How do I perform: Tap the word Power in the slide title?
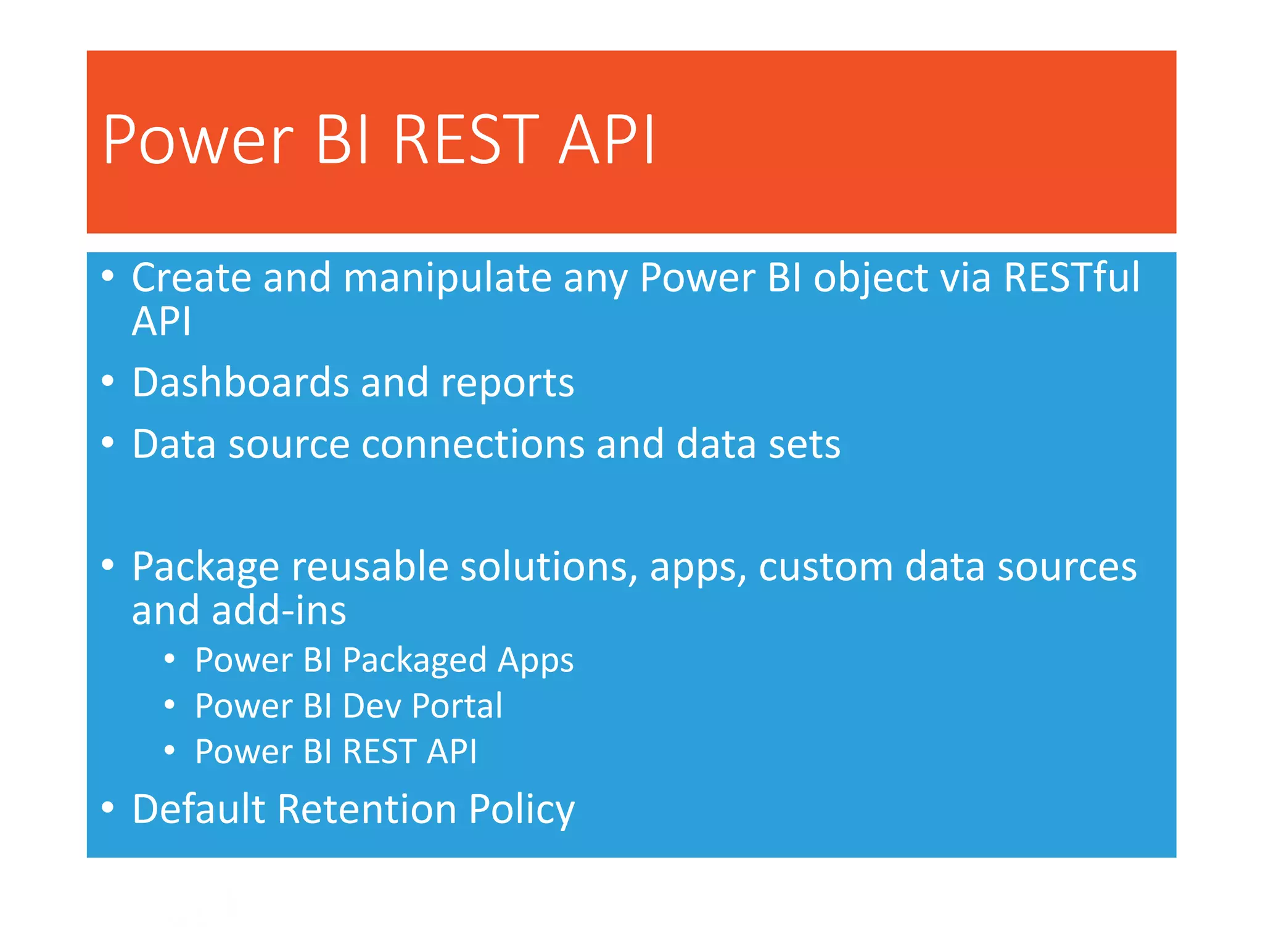pyautogui.click(x=198, y=141)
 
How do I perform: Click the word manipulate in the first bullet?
pyautogui.click(x=447, y=277)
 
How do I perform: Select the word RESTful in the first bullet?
pyautogui.click(x=1072, y=277)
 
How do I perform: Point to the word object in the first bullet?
pyautogui.click(x=871, y=279)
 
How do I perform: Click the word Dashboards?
pyautogui.click(x=241, y=382)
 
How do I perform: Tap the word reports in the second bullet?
pyautogui.click(x=507, y=383)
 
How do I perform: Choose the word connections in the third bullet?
pyautogui.click(x=472, y=444)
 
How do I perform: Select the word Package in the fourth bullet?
pyautogui.click(x=205, y=567)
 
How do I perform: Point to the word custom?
pyautogui.click(x=825, y=567)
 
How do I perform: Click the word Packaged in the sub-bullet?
pyautogui.click(x=414, y=661)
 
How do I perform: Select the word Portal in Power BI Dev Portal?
pyautogui.click(x=457, y=706)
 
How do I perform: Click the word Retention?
pyautogui.click(x=366, y=809)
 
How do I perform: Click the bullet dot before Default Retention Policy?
pyautogui.click(x=108, y=807)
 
